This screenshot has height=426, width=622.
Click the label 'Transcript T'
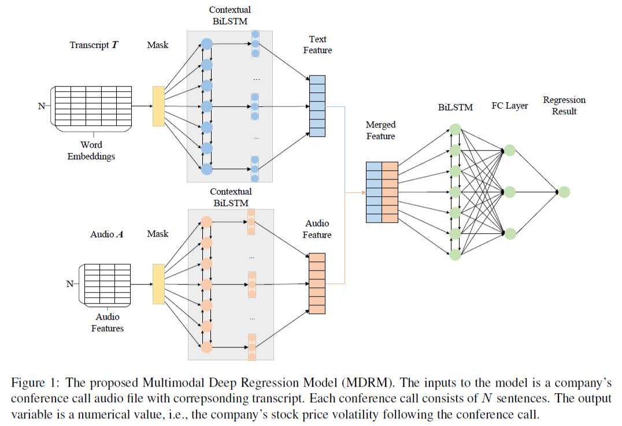pyautogui.click(x=94, y=45)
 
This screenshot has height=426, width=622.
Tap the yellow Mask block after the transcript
pyautogui.click(x=158, y=106)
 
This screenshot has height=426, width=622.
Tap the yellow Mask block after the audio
pyautogui.click(x=158, y=283)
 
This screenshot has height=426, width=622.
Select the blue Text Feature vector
pyautogui.click(x=317, y=106)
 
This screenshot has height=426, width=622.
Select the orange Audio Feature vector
pyautogui.click(x=317, y=283)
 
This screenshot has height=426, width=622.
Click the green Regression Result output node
pyautogui.click(x=564, y=192)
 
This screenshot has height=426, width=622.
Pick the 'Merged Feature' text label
pyautogui.click(x=380, y=130)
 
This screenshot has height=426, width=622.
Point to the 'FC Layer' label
pyautogui.click(x=509, y=106)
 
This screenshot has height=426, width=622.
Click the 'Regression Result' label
pyautogui.click(x=564, y=106)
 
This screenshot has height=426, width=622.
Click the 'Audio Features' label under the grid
pyautogui.click(x=108, y=323)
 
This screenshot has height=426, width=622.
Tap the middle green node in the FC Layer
pyautogui.click(x=510, y=192)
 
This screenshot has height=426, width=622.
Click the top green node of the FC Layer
pyautogui.click(x=510, y=150)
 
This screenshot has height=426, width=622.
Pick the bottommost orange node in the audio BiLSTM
pyautogui.click(x=206, y=347)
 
